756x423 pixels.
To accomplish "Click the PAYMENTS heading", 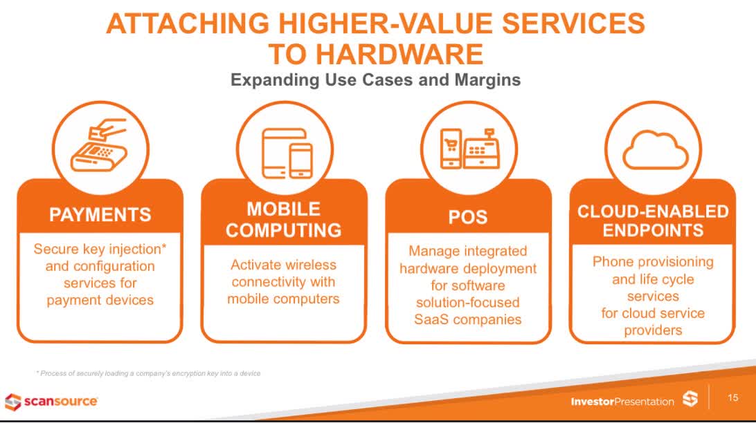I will (100, 215).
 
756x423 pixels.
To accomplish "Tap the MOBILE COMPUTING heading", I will (284, 219).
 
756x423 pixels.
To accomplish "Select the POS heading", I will (468, 217).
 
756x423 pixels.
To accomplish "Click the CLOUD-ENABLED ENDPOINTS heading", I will (653, 220).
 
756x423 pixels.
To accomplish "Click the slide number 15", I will (733, 398).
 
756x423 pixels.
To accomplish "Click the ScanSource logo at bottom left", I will (51, 401).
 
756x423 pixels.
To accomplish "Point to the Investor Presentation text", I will (622, 402).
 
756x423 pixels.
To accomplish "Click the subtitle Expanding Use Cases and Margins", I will (375, 79).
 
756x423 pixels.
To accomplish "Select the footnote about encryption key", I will (148, 373).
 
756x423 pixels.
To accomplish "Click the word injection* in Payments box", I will (138, 249).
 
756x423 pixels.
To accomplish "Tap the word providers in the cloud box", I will (652, 330).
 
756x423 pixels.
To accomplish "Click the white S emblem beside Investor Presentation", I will (690, 399).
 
